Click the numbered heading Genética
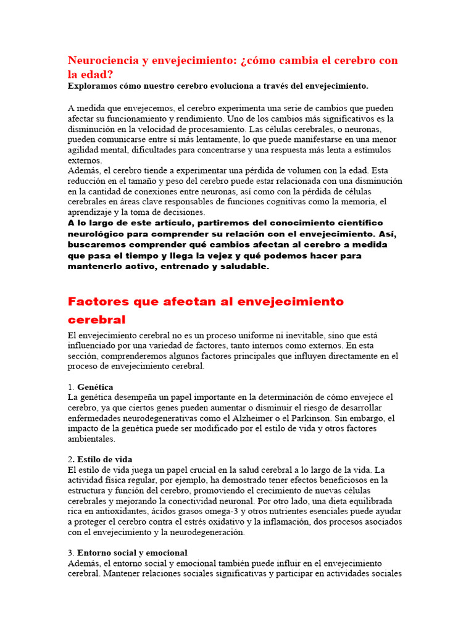[x=95, y=387]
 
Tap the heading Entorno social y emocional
[x=132, y=553]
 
